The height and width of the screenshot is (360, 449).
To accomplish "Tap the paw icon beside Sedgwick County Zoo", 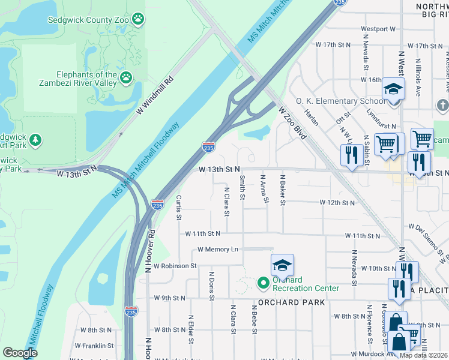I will tap(138, 19).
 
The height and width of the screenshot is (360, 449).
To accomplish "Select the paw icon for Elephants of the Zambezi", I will tap(125, 77).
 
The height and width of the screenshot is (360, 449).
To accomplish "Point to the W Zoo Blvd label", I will tap(292, 122).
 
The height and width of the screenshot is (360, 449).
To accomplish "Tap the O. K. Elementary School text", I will tap(340, 101).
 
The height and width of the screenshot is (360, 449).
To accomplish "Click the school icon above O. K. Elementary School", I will tap(394, 89).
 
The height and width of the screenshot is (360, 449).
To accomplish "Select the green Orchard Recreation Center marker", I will tap(262, 281).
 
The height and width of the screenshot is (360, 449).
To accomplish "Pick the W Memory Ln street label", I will tap(217, 249).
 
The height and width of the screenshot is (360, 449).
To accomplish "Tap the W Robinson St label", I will tap(175, 265).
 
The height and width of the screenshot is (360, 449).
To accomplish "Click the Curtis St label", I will tap(178, 206).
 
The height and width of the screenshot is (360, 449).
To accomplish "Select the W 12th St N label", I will tap(339, 203).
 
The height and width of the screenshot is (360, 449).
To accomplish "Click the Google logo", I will tap(20, 353).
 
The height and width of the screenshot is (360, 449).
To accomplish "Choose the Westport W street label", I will tap(378, 29).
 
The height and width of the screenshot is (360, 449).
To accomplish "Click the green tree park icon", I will tap(35, 140).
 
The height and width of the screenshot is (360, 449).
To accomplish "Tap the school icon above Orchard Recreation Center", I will tap(283, 265).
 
